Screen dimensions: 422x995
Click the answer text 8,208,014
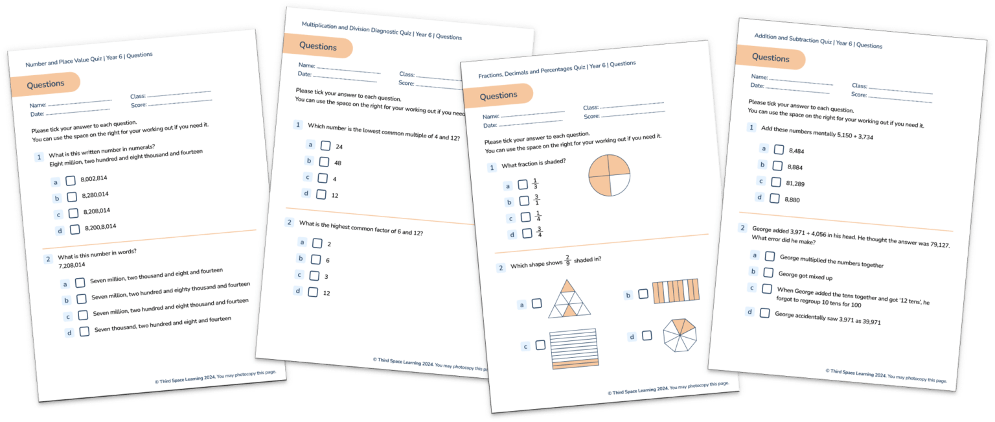coord(97,211)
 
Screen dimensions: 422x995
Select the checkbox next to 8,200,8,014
coord(75,229)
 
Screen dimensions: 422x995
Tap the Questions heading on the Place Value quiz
coord(45,84)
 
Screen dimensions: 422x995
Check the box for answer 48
coord(324,162)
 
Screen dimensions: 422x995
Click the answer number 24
coord(339,147)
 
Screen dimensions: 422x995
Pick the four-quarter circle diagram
coord(610,176)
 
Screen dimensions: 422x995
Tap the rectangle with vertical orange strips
coord(676,292)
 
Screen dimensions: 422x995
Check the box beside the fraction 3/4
coord(527,233)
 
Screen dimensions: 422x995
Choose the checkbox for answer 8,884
coord(777,165)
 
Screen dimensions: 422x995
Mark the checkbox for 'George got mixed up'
coord(768,273)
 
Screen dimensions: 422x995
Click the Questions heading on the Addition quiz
coord(771,58)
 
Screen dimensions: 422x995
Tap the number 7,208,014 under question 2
coord(72,265)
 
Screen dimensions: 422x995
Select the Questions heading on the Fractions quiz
coord(498,96)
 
